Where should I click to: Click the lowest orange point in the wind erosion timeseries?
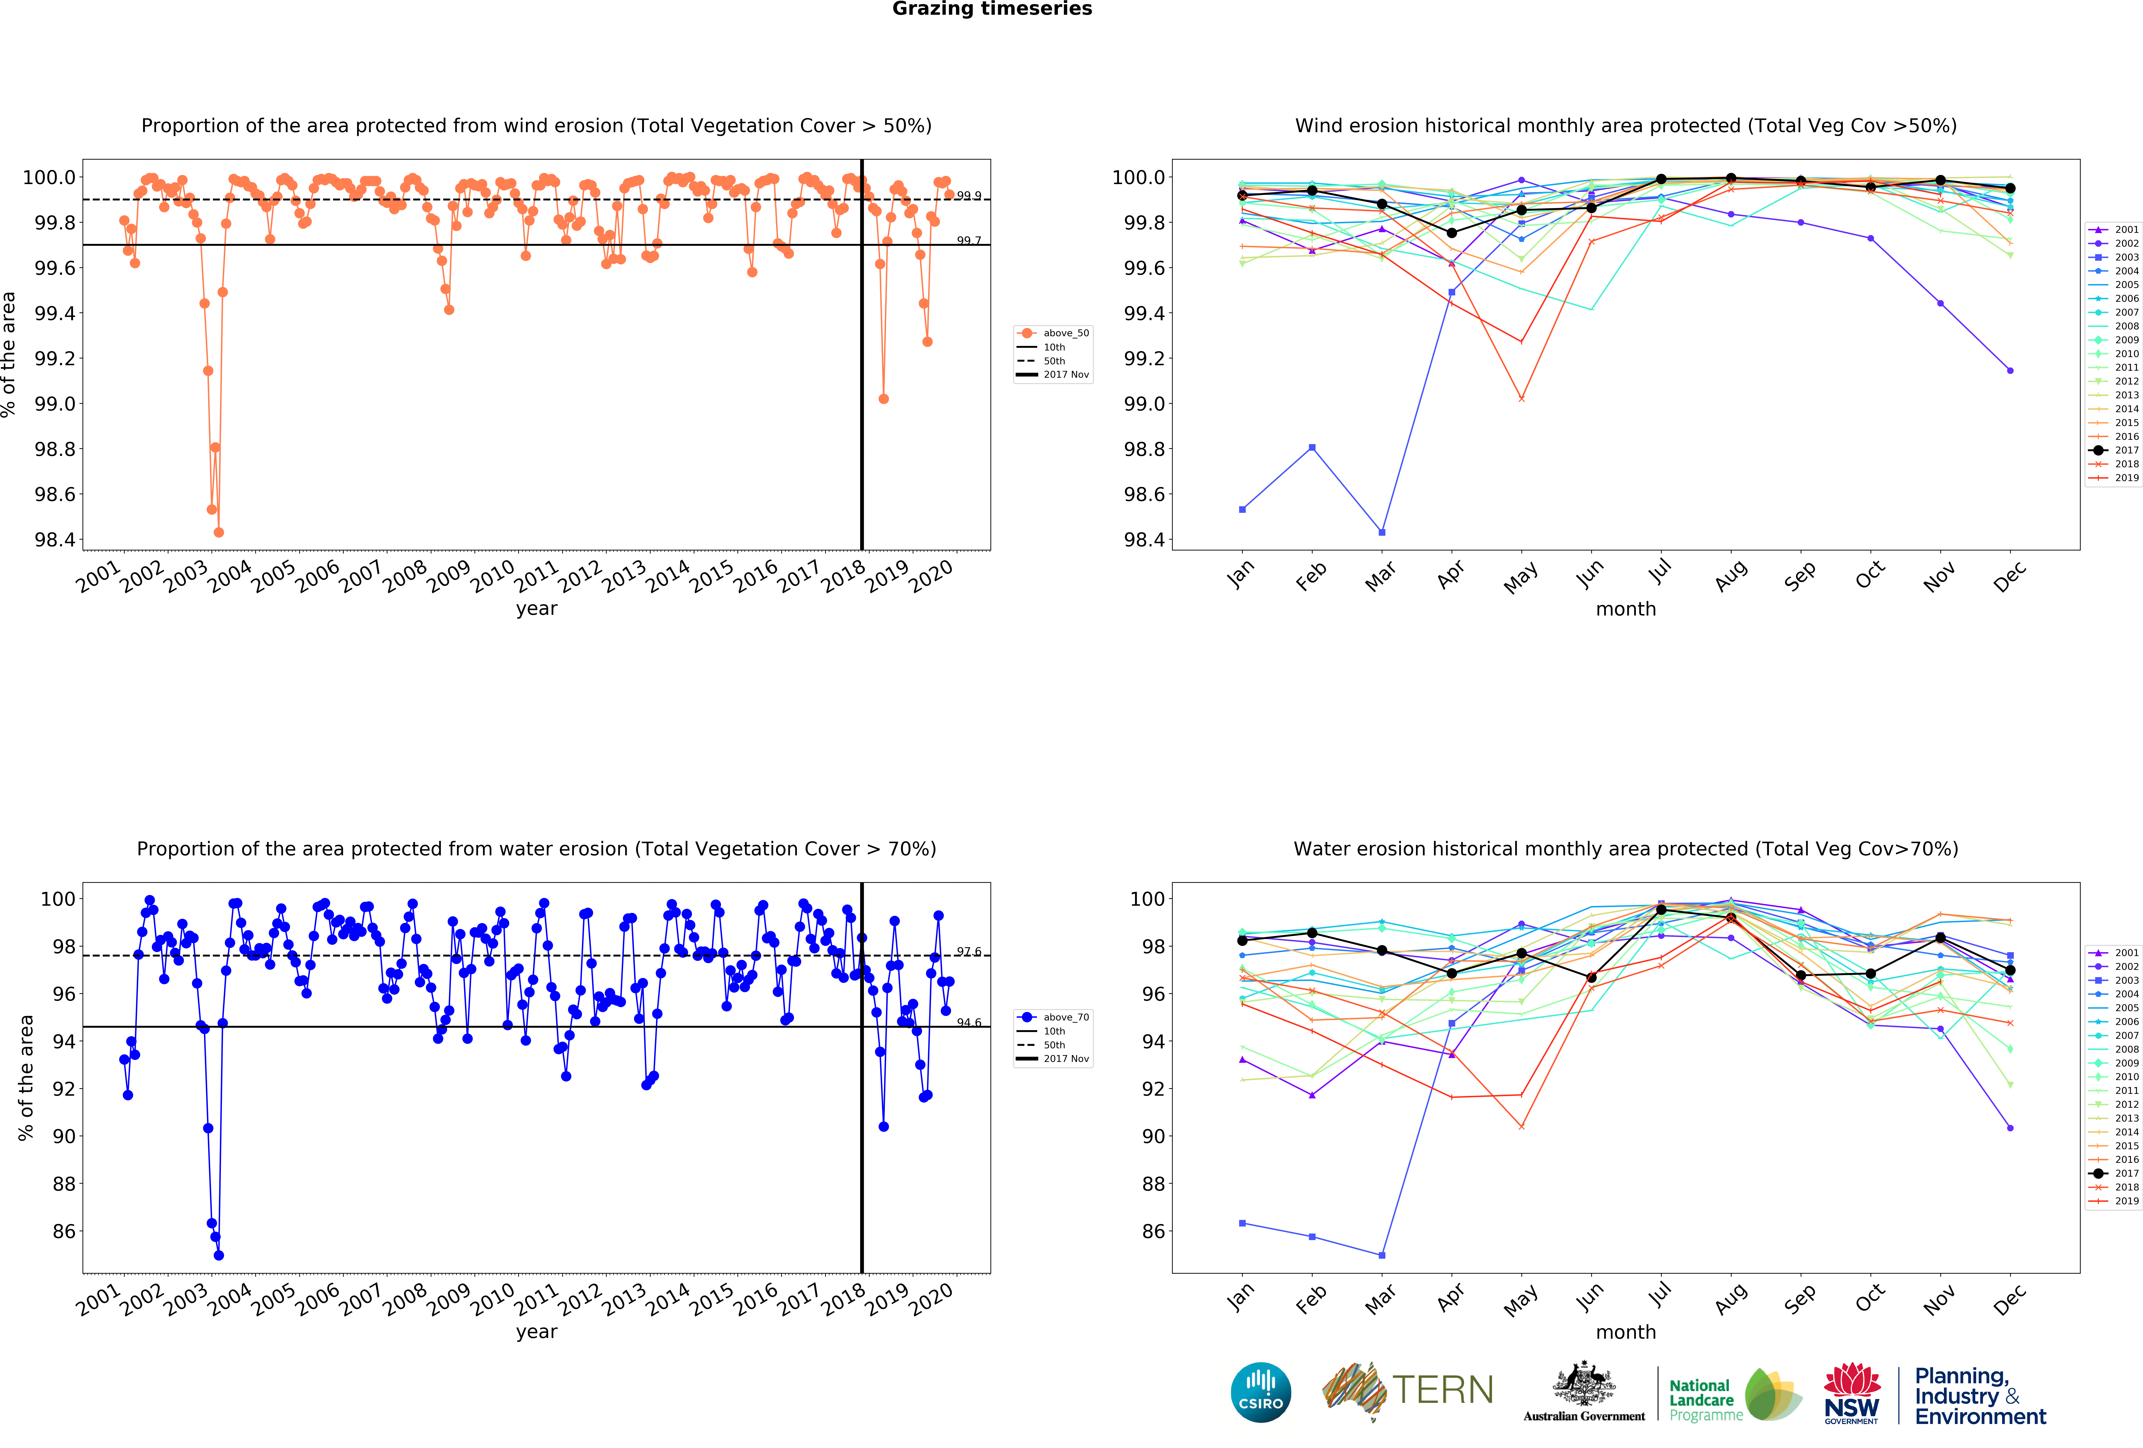pyautogui.click(x=219, y=532)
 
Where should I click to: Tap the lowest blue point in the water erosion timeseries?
pyautogui.click(x=219, y=1255)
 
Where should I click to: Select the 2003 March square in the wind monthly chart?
pyautogui.click(x=1381, y=532)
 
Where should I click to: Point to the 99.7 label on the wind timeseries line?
pyautogui.click(x=968, y=241)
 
